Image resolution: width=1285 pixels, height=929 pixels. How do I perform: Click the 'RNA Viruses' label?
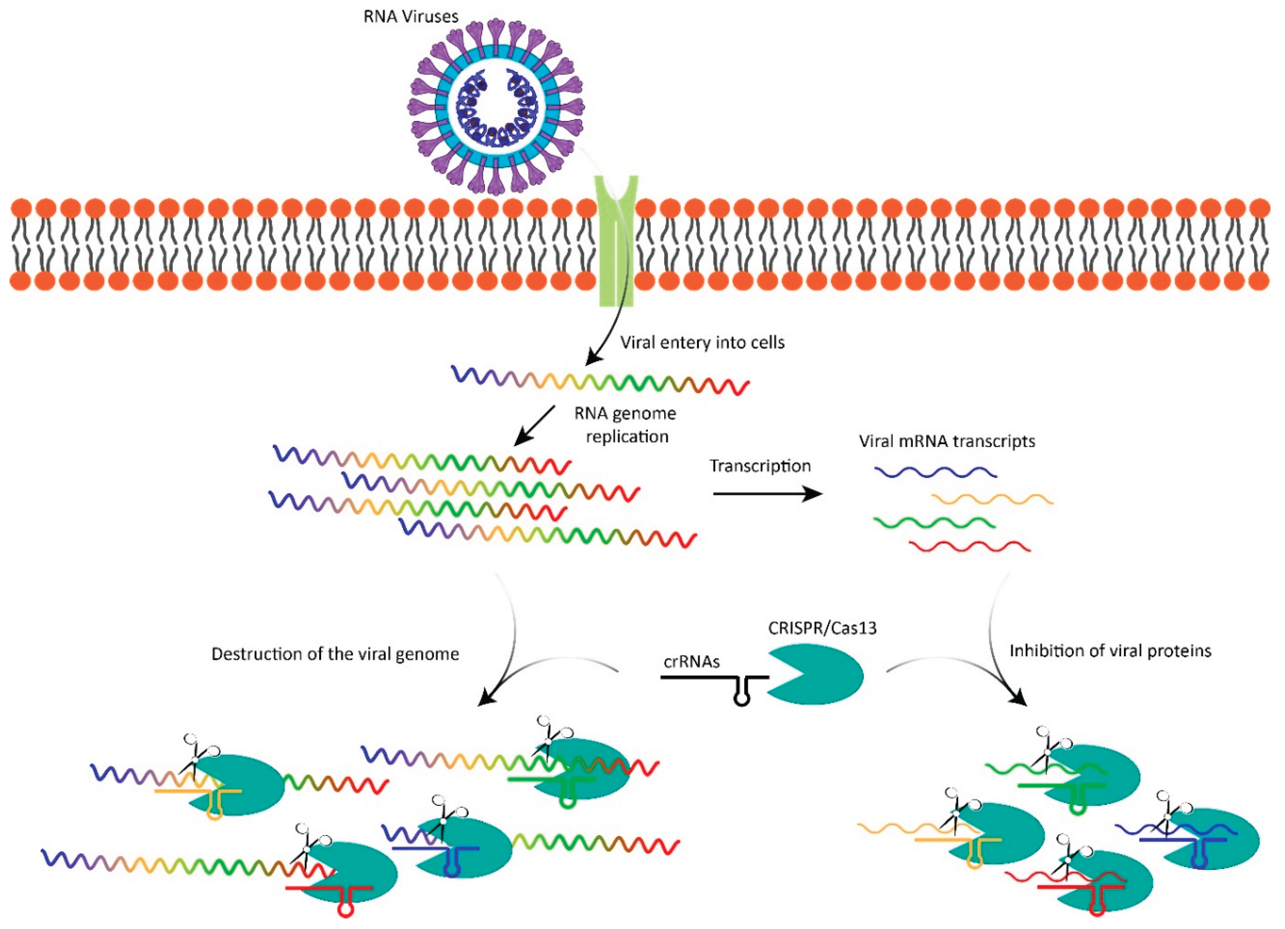click(x=411, y=16)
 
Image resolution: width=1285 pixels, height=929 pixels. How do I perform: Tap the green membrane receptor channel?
click(x=617, y=244)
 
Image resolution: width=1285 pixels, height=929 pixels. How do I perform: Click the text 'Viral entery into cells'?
click(x=702, y=343)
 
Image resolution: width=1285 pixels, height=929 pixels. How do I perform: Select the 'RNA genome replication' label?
click(x=625, y=425)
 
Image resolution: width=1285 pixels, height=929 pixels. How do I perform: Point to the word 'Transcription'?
click(x=760, y=466)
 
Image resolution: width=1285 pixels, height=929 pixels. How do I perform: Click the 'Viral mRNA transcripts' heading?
click(x=947, y=441)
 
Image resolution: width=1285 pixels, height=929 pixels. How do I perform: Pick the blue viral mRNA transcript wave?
click(x=935, y=472)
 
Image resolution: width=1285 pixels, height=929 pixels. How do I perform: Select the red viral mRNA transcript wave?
click(x=969, y=547)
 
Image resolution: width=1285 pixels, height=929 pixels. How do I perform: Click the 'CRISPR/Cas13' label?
click(x=822, y=628)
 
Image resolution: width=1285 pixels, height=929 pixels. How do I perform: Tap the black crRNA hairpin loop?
click(x=741, y=698)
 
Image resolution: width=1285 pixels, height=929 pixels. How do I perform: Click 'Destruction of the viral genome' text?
click(x=335, y=654)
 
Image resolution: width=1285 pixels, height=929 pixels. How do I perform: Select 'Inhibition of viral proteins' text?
click(x=1110, y=651)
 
